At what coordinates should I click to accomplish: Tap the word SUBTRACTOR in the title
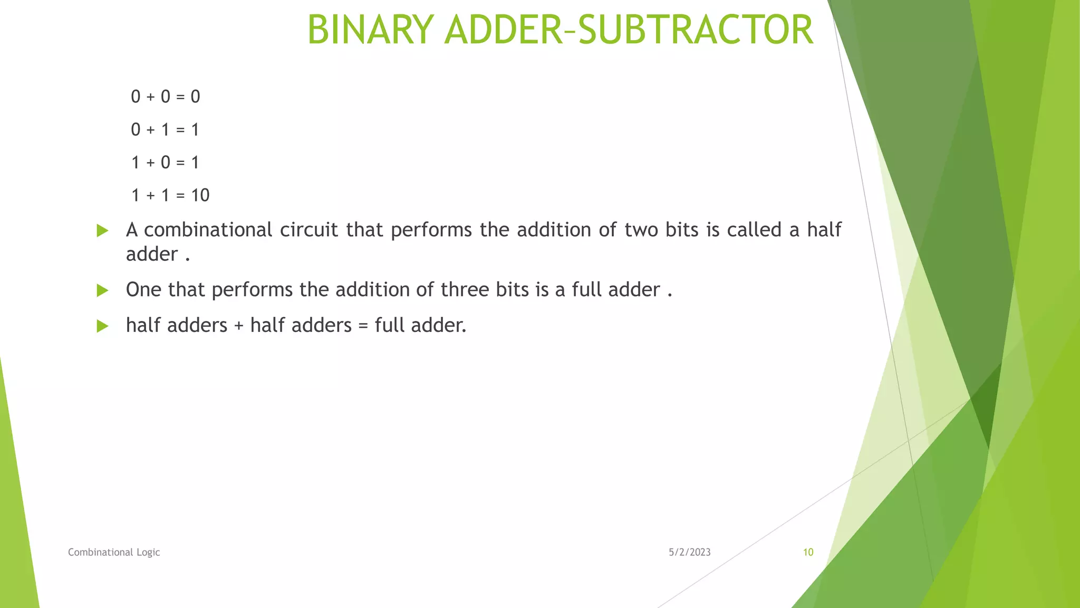[696, 30]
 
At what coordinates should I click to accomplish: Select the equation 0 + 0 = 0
[166, 97]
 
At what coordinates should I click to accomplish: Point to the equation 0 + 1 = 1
[165, 129]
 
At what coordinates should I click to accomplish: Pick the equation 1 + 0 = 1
[165, 162]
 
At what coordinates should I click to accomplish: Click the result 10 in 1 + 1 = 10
[200, 195]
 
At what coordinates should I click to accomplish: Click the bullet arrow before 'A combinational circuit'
[102, 231]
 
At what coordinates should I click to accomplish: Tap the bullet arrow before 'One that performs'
[102, 290]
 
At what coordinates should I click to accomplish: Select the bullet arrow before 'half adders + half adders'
[102, 326]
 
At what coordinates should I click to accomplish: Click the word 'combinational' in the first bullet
[208, 230]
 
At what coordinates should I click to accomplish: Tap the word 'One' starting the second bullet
[143, 290]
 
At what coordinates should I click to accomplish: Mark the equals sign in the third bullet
[363, 326]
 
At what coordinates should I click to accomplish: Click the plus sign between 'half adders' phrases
[239, 326]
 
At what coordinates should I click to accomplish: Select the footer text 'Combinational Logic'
[114, 552]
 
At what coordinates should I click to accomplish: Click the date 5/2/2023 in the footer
[690, 552]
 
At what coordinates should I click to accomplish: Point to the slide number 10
[808, 552]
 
